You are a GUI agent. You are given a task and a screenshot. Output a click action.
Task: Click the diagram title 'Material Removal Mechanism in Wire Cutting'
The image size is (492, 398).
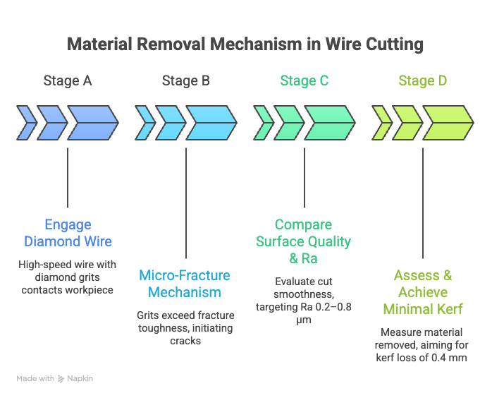click(245, 44)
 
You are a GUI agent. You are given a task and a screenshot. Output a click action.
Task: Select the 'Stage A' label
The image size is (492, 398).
click(68, 81)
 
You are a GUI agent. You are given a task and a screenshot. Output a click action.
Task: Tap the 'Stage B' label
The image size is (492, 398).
click(186, 81)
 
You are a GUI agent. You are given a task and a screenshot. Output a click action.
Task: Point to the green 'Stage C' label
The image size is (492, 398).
click(305, 81)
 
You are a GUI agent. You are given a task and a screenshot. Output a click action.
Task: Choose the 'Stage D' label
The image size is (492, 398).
click(423, 81)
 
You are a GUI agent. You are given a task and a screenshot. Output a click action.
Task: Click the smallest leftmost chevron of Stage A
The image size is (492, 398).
click(26, 122)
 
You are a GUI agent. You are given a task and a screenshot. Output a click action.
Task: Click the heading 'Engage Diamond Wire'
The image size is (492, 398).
click(68, 233)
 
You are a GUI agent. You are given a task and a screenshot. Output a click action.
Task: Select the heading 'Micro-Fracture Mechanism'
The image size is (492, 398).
click(185, 284)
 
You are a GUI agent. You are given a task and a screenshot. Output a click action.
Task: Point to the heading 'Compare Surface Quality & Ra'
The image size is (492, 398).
click(303, 241)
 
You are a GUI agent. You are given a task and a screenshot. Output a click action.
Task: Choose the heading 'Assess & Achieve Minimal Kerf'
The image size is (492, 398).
click(423, 292)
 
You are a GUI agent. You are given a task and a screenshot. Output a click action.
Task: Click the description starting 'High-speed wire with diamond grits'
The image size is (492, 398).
click(68, 277)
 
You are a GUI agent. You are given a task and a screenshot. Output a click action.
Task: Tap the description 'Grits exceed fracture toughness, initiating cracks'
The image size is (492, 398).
click(185, 327)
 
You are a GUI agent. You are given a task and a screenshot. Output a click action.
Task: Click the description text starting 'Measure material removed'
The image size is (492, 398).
click(423, 344)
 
